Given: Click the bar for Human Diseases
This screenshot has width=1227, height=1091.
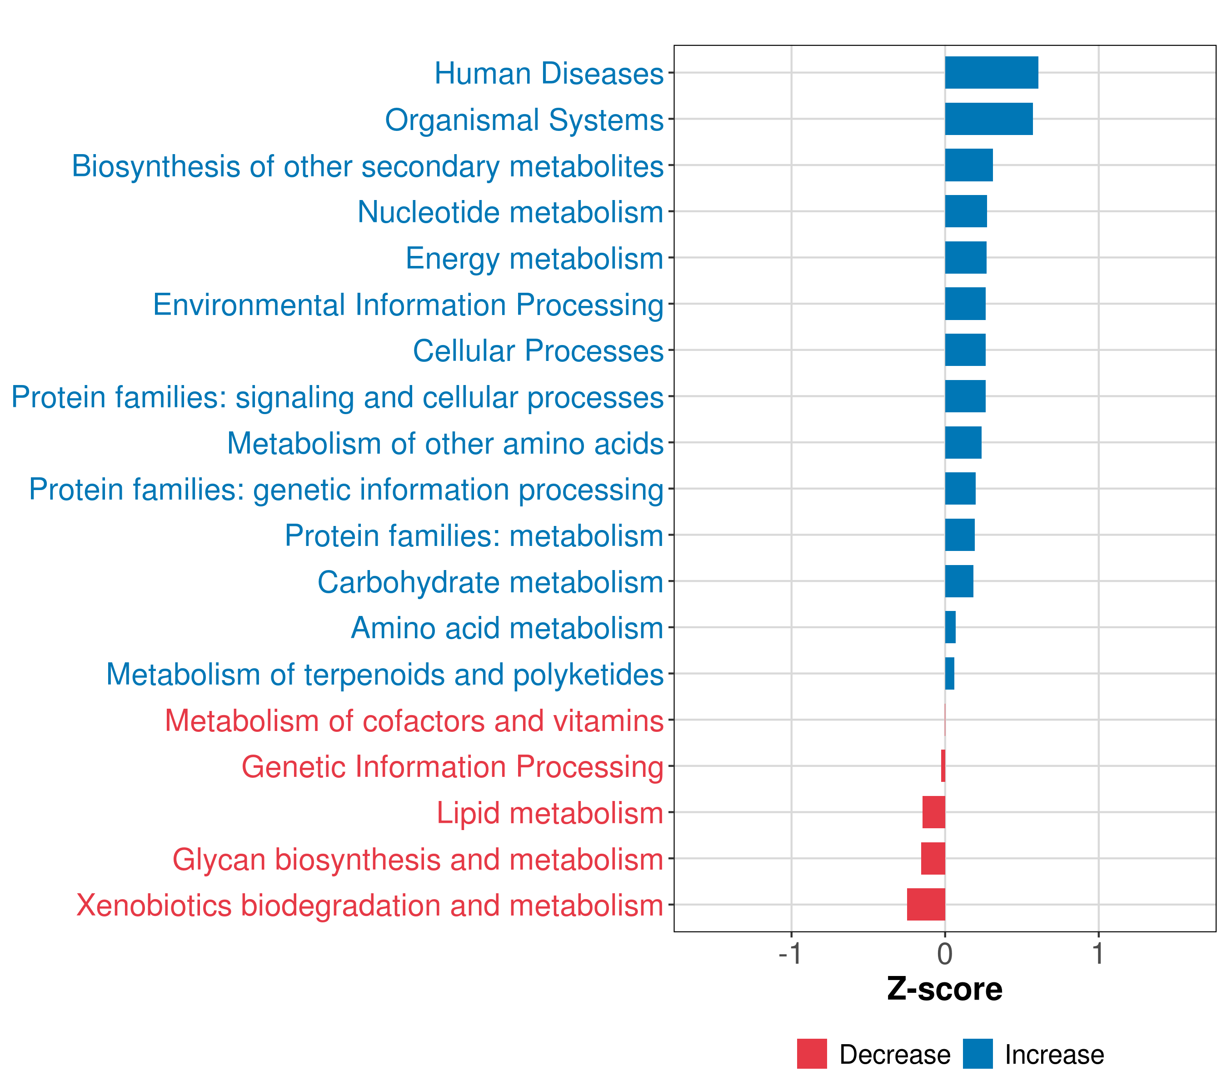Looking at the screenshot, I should [991, 73].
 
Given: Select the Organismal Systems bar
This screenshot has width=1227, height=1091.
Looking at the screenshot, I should [989, 119].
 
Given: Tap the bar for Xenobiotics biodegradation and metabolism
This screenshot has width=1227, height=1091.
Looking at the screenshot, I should [926, 904].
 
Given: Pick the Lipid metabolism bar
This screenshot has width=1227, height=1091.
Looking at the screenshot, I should [933, 812].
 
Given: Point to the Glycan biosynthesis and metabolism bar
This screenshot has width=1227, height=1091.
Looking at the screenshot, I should [933, 858].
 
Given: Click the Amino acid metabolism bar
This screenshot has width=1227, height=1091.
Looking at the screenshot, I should [950, 627].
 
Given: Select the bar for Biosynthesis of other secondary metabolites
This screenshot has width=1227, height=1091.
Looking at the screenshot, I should [969, 165].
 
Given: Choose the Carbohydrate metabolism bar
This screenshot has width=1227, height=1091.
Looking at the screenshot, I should [959, 581].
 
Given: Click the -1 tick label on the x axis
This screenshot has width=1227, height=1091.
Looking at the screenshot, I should [790, 954].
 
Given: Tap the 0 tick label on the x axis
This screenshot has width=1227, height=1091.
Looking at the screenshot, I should [945, 954].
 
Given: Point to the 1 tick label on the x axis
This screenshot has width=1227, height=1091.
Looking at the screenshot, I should [1098, 954].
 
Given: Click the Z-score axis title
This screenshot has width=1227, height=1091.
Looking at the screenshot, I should [944, 989].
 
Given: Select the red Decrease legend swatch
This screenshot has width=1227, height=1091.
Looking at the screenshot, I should [812, 1054].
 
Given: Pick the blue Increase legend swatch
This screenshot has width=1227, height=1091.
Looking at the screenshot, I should [977, 1054].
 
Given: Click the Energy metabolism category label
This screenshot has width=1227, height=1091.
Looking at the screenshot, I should [534, 259].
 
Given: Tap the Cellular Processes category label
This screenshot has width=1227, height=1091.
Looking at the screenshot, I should [538, 351].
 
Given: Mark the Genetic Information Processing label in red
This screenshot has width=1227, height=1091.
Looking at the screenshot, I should [453, 767].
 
